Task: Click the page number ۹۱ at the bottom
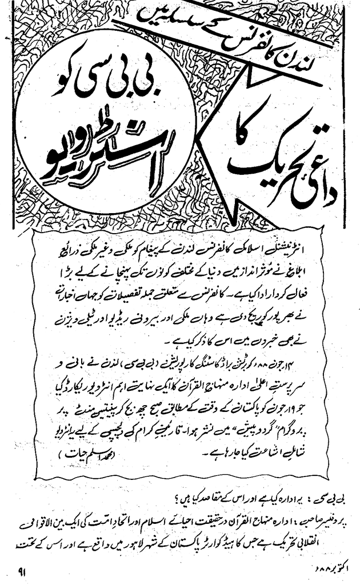tap(23, 570)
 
